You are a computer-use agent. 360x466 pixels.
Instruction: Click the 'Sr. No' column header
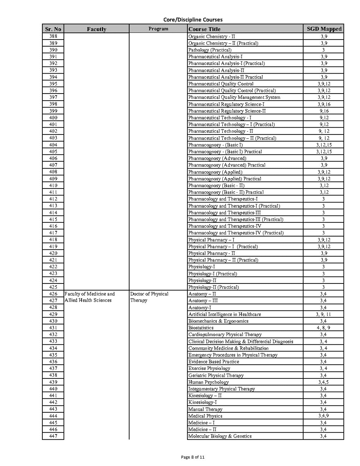pyautogui.click(x=53, y=29)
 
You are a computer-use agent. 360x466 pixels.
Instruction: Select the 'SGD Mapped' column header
pyautogui.click(x=324, y=29)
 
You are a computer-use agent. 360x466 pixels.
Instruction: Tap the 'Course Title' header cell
pyautogui.click(x=205, y=29)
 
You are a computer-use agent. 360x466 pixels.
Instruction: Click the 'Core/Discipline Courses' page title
pyautogui.click(x=193, y=20)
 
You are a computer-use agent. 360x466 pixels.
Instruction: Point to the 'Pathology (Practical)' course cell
pyautogui.click(x=210, y=50)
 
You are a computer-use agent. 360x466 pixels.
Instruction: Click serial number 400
pyautogui.click(x=53, y=118)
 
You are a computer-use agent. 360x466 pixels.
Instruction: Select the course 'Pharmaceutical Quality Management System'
pyautogui.click(x=234, y=97)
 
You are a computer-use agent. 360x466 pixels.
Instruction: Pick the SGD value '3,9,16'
pyautogui.click(x=324, y=104)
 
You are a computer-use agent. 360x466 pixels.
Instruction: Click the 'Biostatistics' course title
pyautogui.click(x=201, y=328)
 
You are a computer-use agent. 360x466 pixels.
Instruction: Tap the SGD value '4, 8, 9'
pyautogui.click(x=324, y=328)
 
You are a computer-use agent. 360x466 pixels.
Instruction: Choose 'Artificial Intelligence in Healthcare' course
pyautogui.click(x=225, y=314)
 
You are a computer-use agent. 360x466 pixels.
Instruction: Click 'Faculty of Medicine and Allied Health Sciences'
pyautogui.click(x=90, y=297)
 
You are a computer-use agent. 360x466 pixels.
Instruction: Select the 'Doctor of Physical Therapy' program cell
pyautogui.click(x=149, y=297)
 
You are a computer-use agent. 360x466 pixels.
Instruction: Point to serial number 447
pyautogui.click(x=53, y=436)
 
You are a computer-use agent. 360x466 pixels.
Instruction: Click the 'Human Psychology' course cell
pyautogui.click(x=209, y=382)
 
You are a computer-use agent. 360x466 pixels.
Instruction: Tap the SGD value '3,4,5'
pyautogui.click(x=324, y=382)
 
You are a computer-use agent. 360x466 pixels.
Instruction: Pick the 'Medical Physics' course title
pyautogui.click(x=206, y=416)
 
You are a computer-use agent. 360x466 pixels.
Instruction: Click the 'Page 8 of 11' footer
pyautogui.click(x=193, y=457)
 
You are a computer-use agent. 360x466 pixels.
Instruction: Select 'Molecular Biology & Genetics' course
pyautogui.click(x=220, y=436)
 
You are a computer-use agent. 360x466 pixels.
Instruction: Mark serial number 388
pyautogui.click(x=53, y=36)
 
